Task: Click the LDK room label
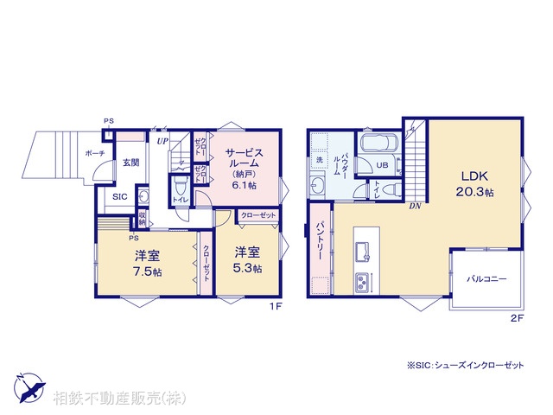(475, 174)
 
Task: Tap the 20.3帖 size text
(477, 191)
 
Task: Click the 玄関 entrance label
(130, 163)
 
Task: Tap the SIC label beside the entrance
(120, 196)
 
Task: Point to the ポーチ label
(95, 154)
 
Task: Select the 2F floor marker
(517, 318)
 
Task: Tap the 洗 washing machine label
(318, 162)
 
